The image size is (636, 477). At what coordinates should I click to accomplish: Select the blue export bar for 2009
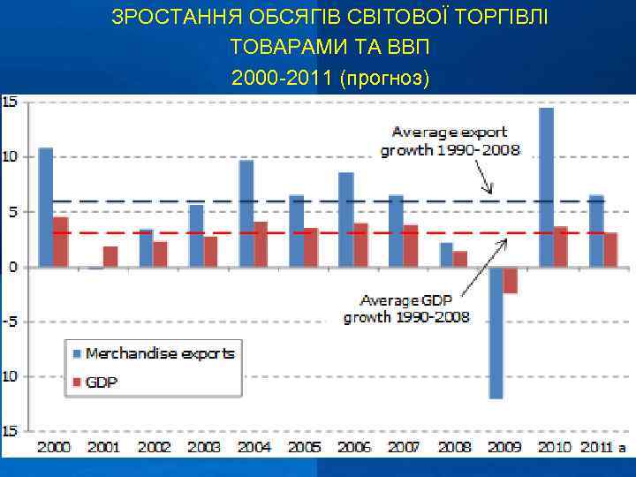[x=496, y=333]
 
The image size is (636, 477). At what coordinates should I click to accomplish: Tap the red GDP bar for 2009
[x=511, y=281]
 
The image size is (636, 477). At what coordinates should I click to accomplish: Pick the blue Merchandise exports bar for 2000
[x=46, y=208]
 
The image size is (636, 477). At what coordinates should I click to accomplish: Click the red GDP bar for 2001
[x=110, y=257]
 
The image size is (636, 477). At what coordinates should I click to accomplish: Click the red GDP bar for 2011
[x=611, y=250]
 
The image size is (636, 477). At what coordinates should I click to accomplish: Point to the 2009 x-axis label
[x=504, y=448]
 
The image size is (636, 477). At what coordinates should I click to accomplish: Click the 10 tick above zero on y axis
[x=11, y=157]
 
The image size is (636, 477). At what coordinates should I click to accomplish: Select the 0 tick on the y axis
[x=12, y=267]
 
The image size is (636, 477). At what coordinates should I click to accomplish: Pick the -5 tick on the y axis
[x=11, y=322]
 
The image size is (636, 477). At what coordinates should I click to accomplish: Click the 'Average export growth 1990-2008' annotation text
[x=450, y=141]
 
